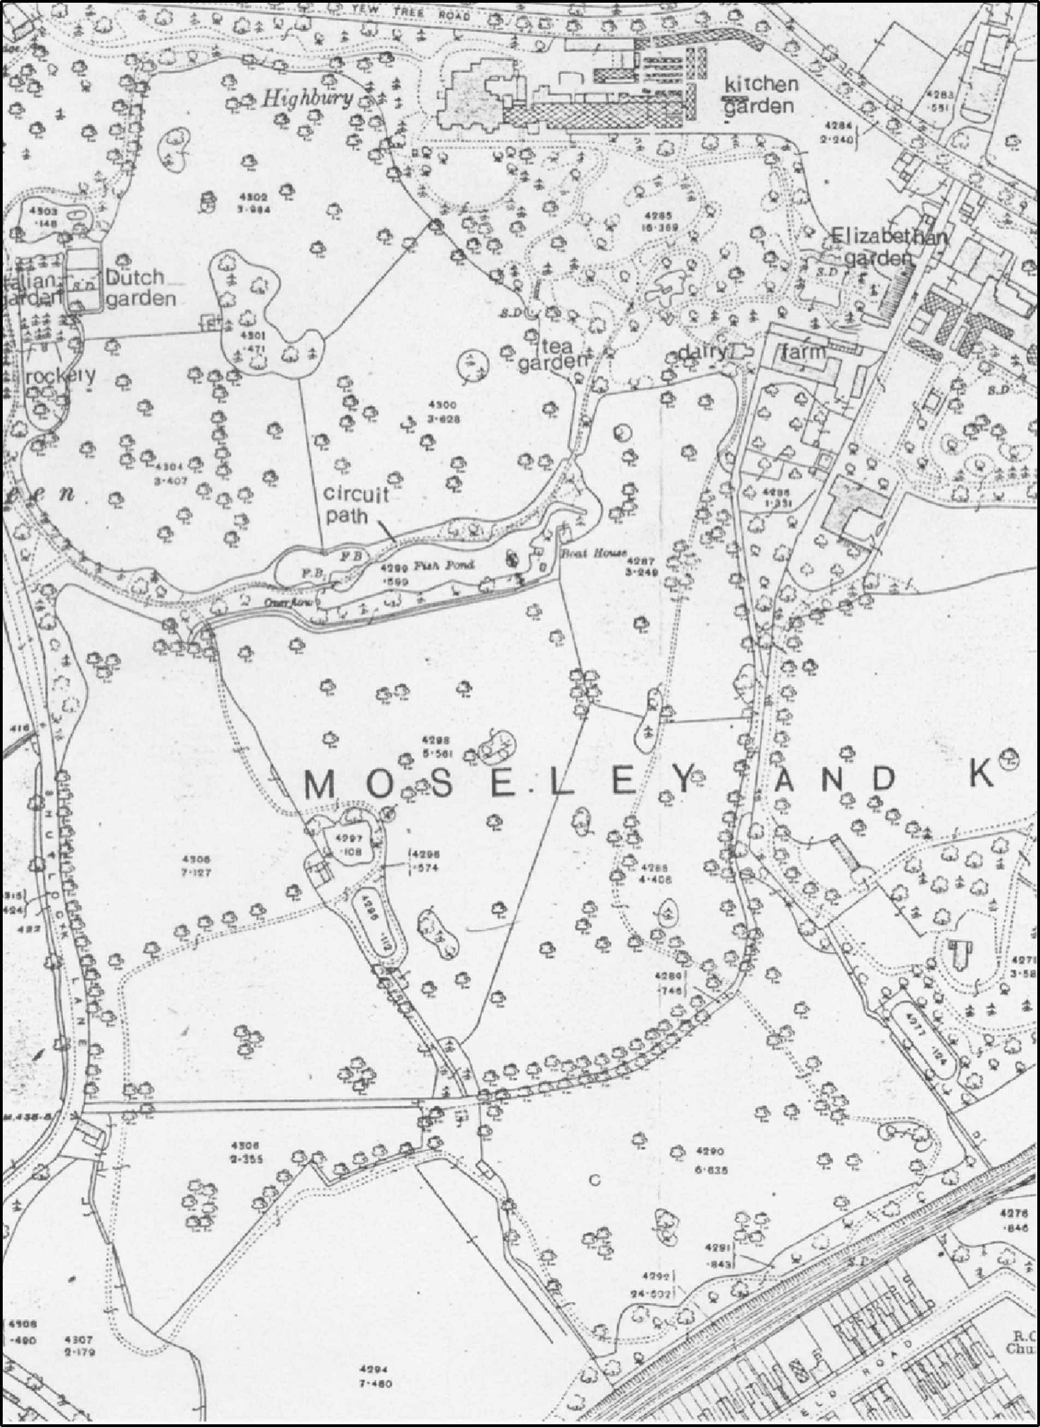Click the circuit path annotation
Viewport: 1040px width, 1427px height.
pos(356,505)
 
